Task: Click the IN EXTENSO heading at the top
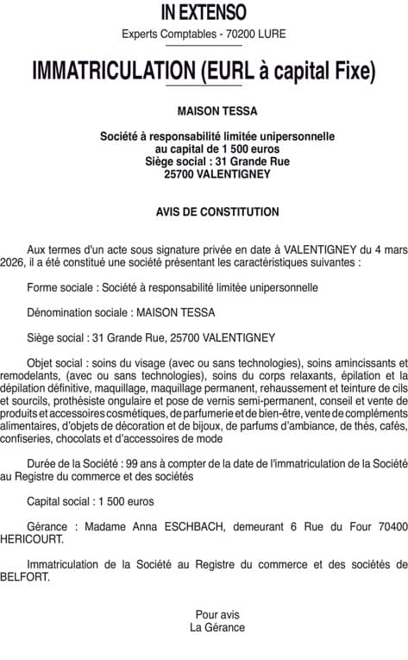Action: point(204,12)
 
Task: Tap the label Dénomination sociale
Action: point(77,311)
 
